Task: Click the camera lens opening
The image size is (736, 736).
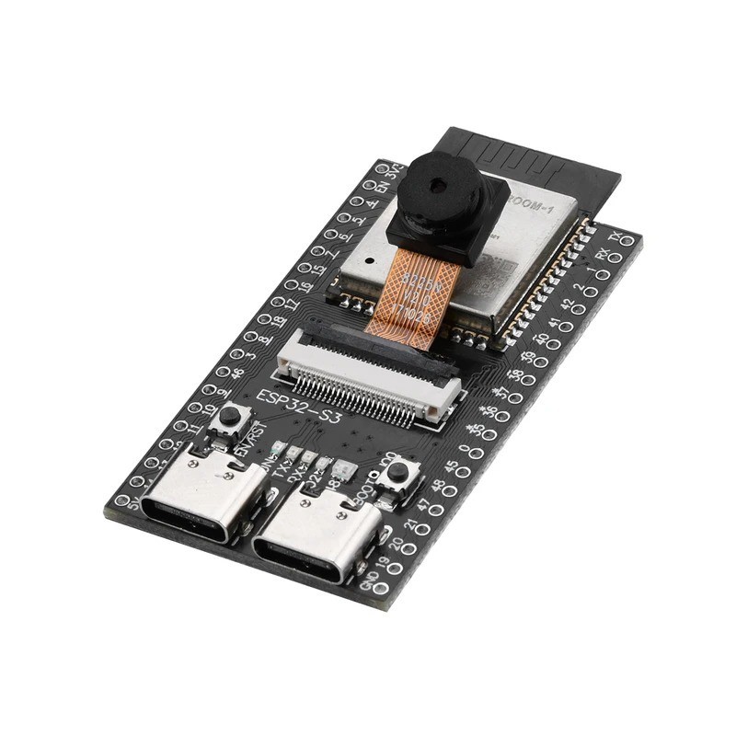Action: pyautogui.click(x=438, y=185)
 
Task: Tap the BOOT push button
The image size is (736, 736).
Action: pyautogui.click(x=398, y=473)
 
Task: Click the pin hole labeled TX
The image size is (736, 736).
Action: pyautogui.click(x=627, y=241)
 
